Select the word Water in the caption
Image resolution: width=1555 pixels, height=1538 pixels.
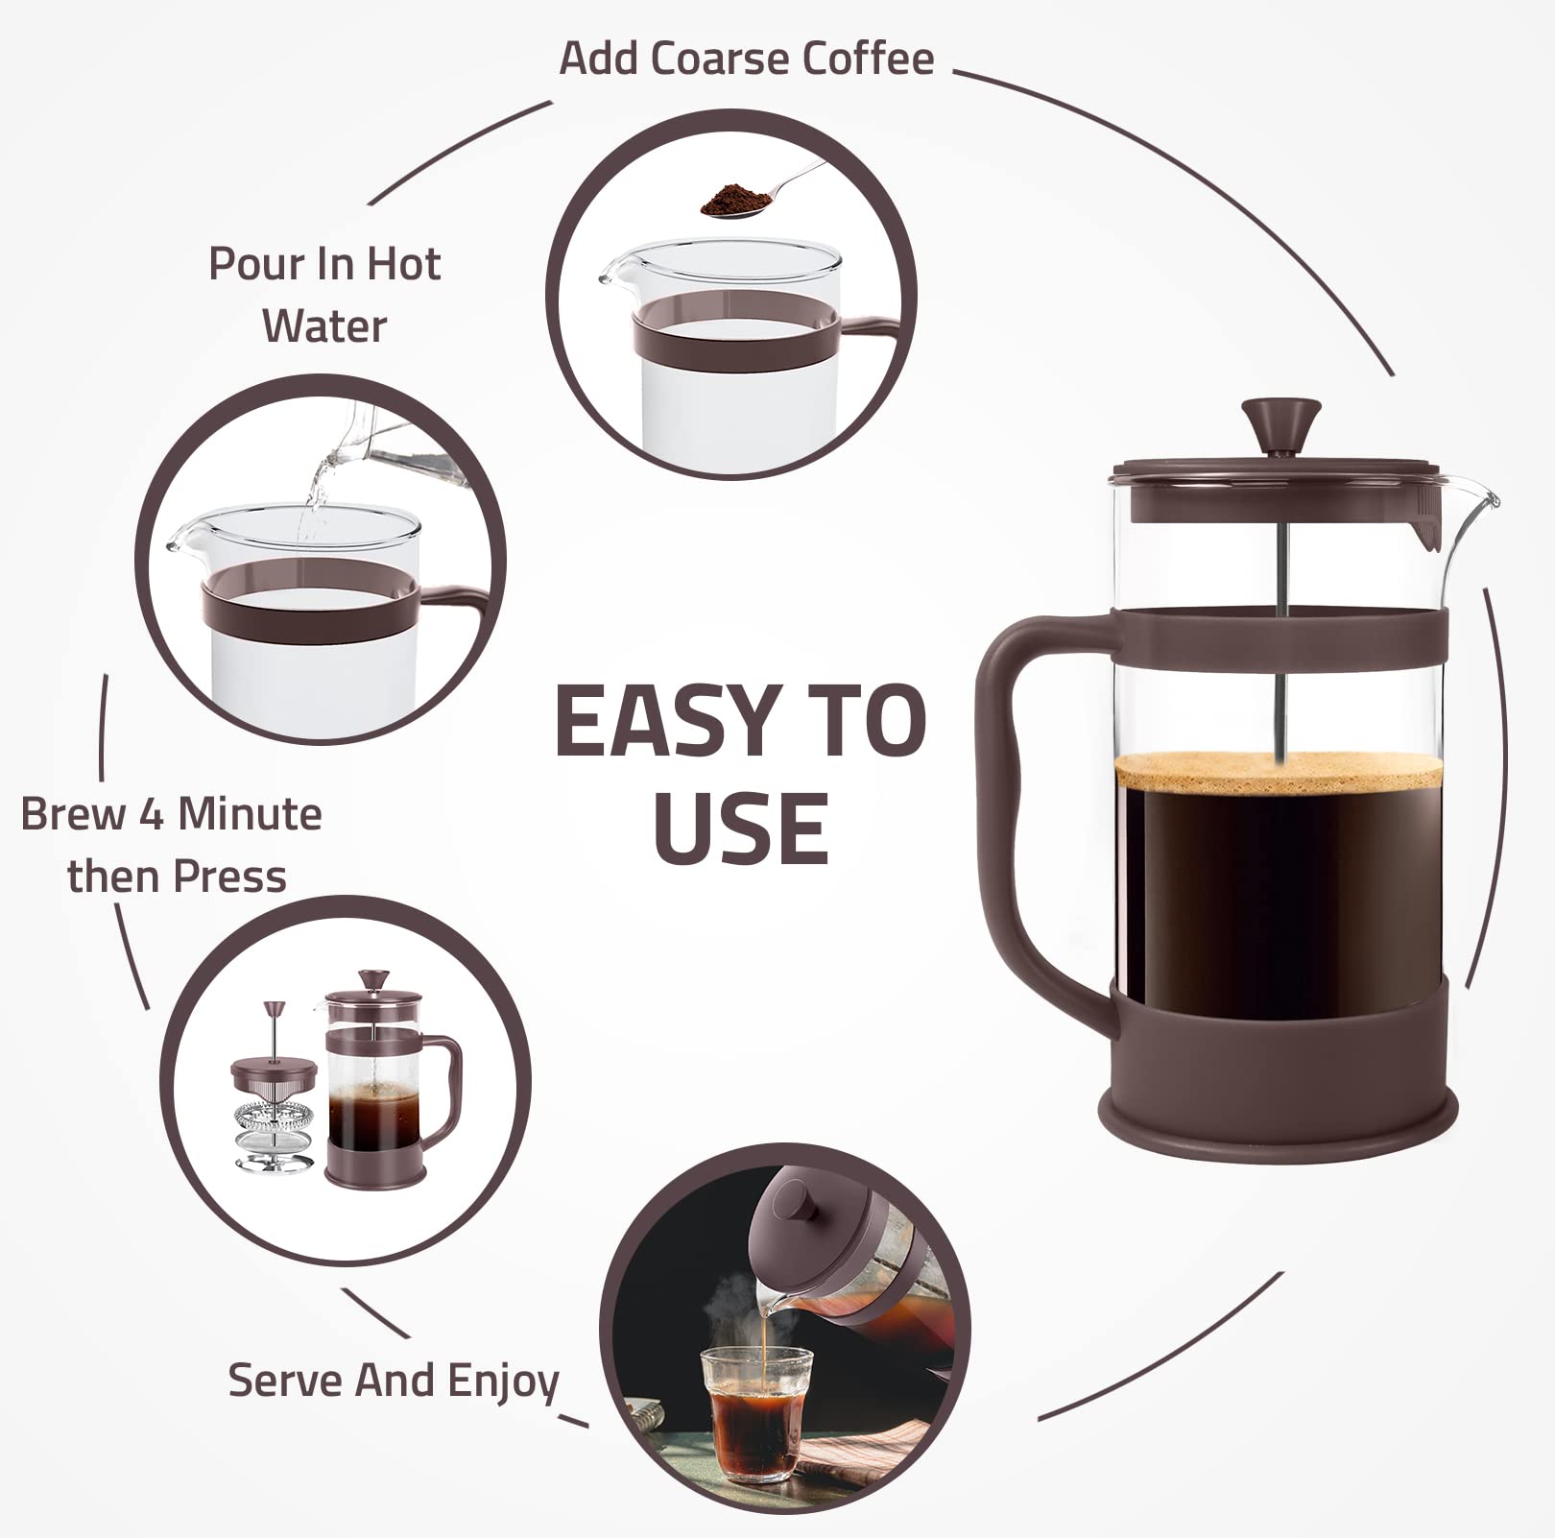324,325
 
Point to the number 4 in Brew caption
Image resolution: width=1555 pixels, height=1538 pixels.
151,815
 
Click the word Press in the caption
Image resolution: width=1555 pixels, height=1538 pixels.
230,877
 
